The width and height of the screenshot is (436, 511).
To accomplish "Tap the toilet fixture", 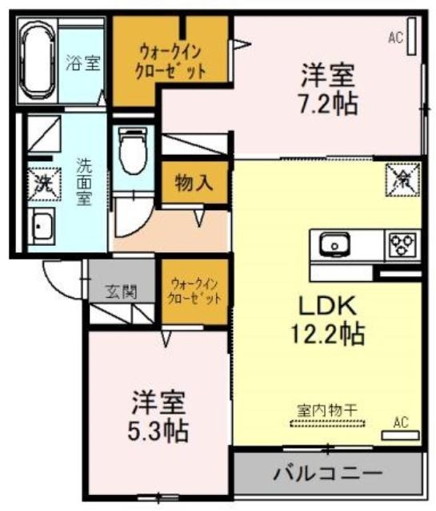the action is [x=133, y=151].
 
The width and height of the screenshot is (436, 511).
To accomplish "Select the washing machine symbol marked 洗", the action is [x=44, y=184].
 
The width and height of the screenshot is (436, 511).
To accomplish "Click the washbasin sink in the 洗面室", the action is [x=41, y=225].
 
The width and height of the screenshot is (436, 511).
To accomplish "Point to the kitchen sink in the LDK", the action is [x=334, y=245].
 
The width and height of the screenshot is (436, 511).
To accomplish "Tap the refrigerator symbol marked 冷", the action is [x=402, y=180].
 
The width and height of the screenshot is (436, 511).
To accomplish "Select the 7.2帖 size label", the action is [x=329, y=104].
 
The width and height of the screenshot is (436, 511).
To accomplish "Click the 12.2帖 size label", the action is [x=327, y=334].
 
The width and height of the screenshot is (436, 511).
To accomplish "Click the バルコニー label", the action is [x=327, y=473].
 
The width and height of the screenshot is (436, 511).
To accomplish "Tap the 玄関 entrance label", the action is [x=121, y=291].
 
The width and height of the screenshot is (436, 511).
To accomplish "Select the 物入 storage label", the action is [x=194, y=183].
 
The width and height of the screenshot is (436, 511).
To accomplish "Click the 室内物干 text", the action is [x=327, y=410].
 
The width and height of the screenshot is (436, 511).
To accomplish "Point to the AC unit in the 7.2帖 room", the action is [x=411, y=36].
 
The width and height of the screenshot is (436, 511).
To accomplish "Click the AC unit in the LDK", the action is [x=401, y=435].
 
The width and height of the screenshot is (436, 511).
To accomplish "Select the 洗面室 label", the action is [x=84, y=181].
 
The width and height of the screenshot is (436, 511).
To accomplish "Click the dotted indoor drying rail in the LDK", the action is [x=327, y=423].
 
